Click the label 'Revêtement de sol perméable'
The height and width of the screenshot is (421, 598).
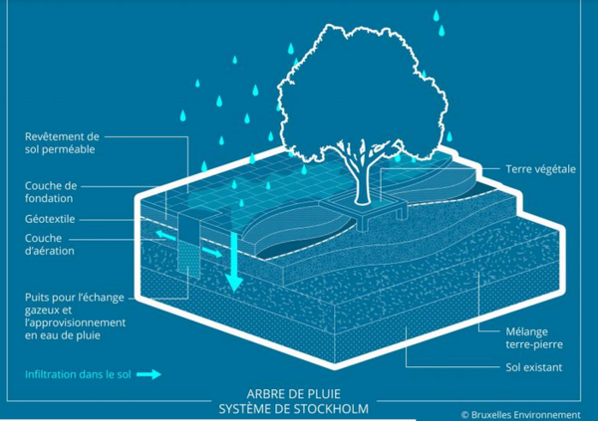(x=62, y=143)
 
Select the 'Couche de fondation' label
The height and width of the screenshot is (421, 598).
(x=51, y=192)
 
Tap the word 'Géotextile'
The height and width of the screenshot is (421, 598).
(x=50, y=219)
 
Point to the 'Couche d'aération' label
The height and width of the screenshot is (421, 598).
(x=50, y=244)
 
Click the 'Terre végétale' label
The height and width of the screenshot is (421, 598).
(x=541, y=169)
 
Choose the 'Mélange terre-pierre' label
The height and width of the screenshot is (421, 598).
(x=534, y=338)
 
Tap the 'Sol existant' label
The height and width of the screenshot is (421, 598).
(x=534, y=367)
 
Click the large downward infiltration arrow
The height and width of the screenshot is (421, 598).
(x=234, y=262)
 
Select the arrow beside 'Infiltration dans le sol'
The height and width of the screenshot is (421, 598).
(x=149, y=375)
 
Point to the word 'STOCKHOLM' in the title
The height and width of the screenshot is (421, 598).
(x=331, y=409)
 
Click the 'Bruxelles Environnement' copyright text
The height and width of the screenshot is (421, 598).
(x=521, y=414)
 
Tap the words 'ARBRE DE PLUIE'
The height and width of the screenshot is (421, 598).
(x=294, y=393)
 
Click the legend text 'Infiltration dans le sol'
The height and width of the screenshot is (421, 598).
(x=78, y=374)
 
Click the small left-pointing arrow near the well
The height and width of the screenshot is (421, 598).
(x=164, y=235)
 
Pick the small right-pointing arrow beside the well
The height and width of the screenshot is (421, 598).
(x=212, y=252)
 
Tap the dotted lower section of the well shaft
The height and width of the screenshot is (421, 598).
(x=188, y=260)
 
